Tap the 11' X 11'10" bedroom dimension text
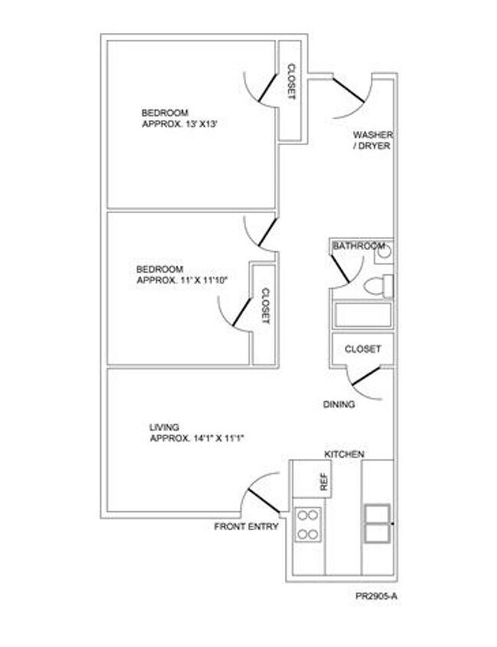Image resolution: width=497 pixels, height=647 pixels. click(x=182, y=280)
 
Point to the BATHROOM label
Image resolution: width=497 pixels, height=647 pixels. click(x=358, y=246)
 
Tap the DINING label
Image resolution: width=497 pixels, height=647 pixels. click(x=339, y=405)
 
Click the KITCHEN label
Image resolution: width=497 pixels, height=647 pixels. click(x=344, y=455)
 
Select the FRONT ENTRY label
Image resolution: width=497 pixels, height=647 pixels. click(x=245, y=527)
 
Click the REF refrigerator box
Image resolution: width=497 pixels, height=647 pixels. click(x=323, y=480)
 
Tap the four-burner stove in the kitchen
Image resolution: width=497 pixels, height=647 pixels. click(x=307, y=524)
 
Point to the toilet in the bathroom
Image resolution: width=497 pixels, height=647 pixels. click(x=378, y=286)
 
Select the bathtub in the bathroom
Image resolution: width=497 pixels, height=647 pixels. click(x=362, y=315)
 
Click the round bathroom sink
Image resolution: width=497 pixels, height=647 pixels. click(x=384, y=251)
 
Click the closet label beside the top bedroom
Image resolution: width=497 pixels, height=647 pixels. click(x=291, y=82)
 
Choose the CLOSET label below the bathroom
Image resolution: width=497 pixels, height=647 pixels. click(x=362, y=349)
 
